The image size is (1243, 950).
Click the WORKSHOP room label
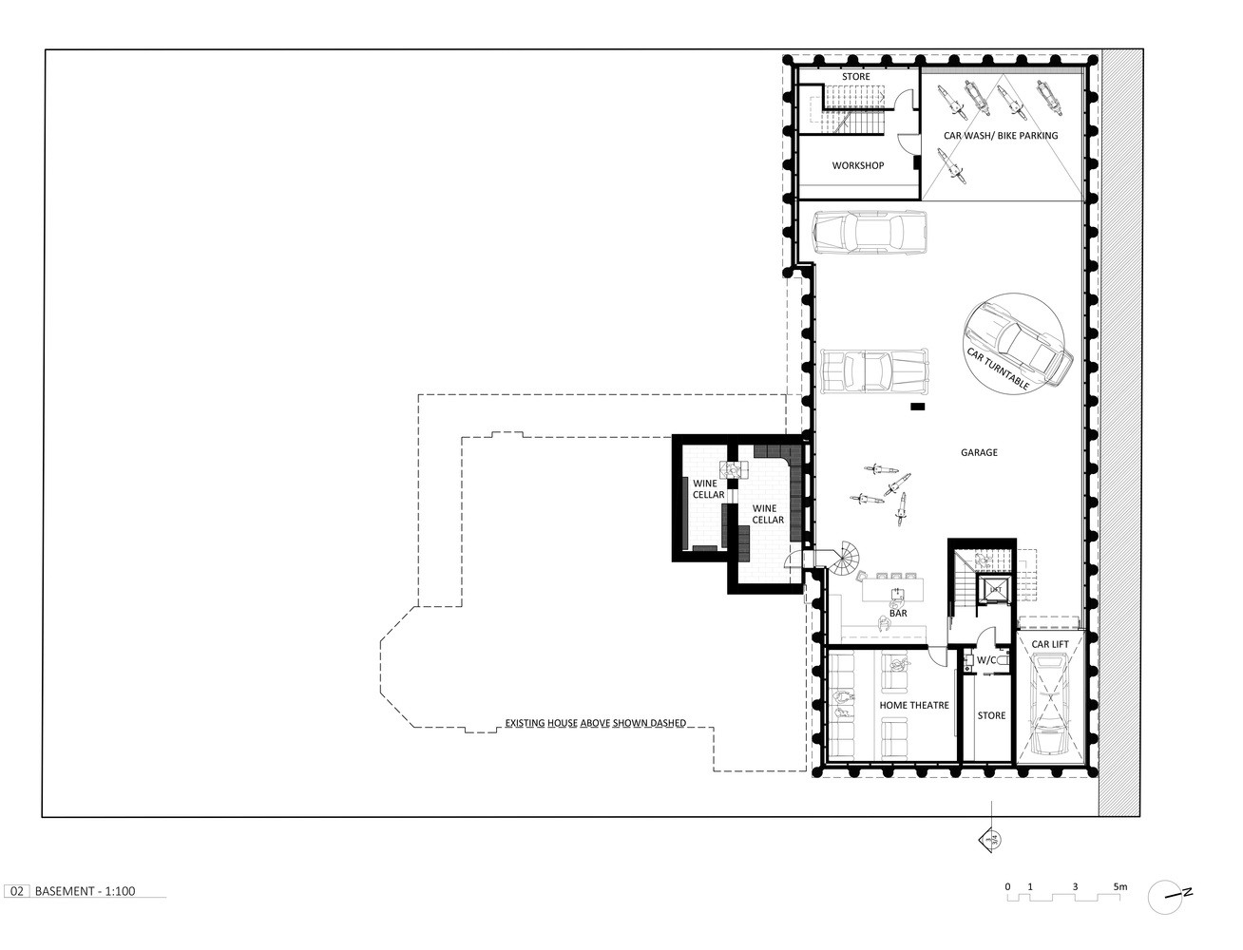click(857, 165)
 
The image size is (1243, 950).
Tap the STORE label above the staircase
click(855, 77)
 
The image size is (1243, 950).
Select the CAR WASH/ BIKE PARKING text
click(1000, 136)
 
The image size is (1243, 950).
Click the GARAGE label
click(978, 452)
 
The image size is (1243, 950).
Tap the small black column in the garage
click(917, 408)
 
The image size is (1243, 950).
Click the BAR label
click(897, 614)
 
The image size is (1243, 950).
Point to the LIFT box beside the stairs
click(995, 590)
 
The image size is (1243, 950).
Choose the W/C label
click(985, 659)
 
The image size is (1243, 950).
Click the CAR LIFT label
click(1050, 644)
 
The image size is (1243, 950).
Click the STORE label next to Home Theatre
click(991, 716)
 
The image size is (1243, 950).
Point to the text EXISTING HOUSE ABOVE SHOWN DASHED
click(595, 723)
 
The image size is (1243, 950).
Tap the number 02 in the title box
click(16, 891)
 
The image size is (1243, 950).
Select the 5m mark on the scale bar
click(1120, 886)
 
